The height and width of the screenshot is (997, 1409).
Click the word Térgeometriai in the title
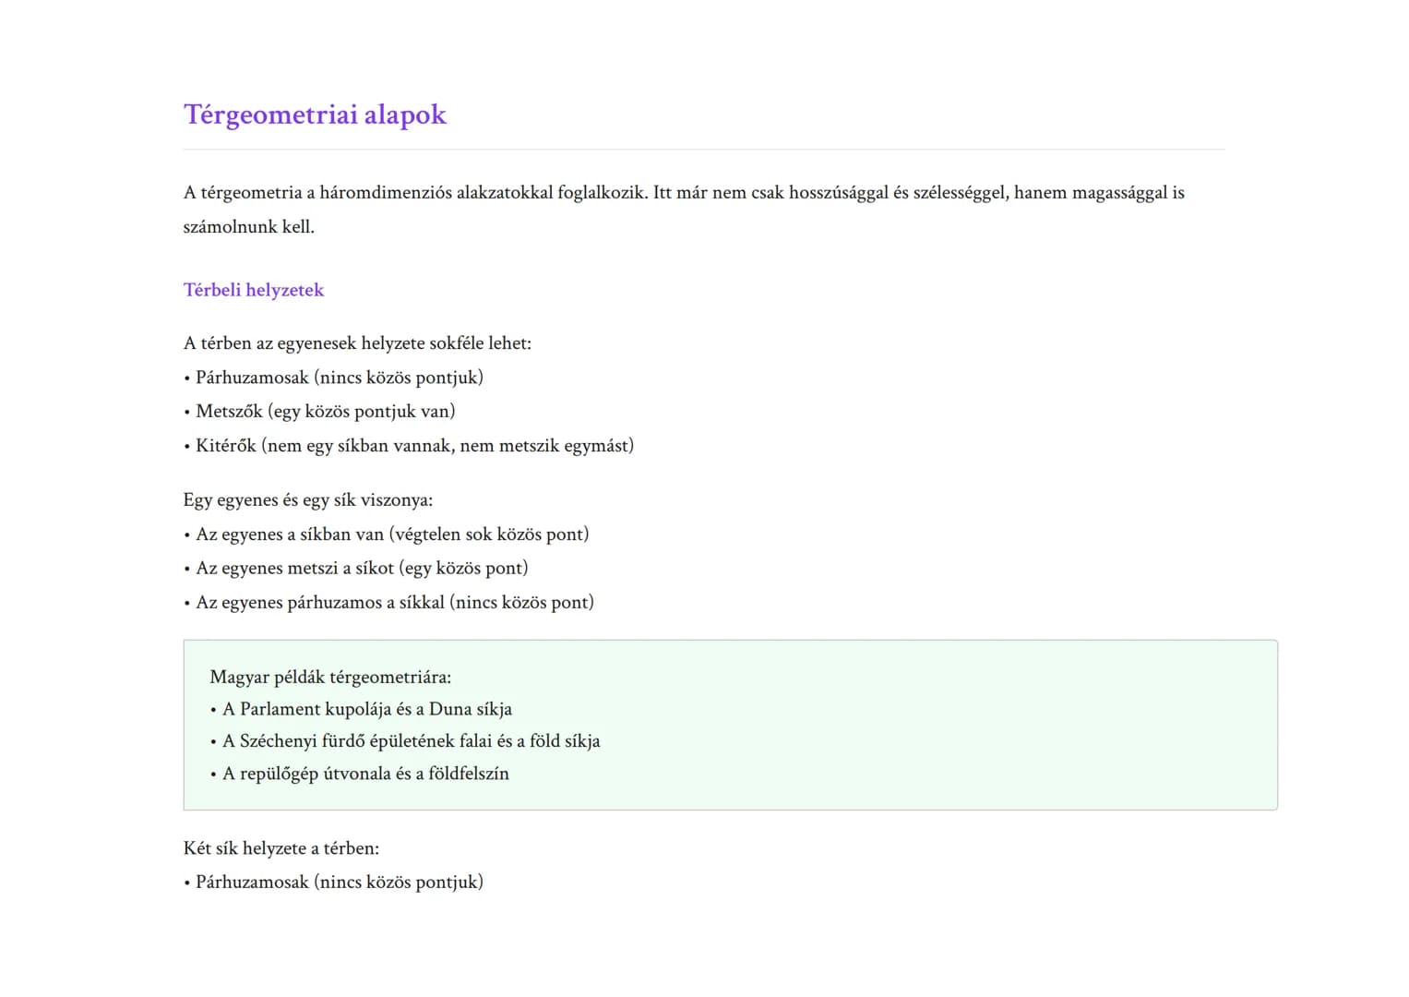(x=270, y=114)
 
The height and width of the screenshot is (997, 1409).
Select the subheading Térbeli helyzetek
(x=254, y=290)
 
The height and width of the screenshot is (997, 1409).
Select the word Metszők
(x=229, y=412)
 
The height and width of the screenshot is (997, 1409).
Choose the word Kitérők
(x=225, y=446)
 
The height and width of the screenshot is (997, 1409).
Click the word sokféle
(x=456, y=343)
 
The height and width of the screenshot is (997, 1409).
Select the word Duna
(x=450, y=710)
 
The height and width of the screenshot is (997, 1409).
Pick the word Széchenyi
(x=278, y=741)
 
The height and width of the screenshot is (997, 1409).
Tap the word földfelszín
(x=468, y=774)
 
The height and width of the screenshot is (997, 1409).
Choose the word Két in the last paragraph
(x=197, y=848)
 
